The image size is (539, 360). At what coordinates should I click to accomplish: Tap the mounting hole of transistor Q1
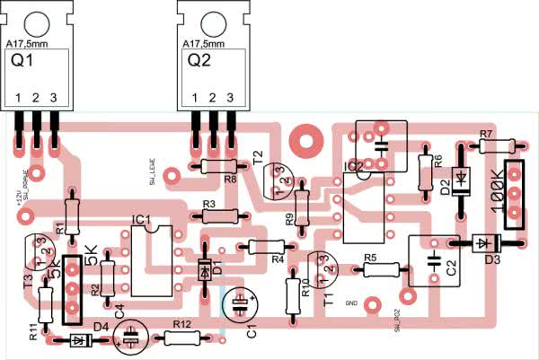click(x=35, y=23)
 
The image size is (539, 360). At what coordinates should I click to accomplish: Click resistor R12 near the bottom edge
click(x=181, y=338)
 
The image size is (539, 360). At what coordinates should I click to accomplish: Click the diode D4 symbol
click(x=80, y=339)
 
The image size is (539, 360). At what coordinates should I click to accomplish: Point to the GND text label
click(x=351, y=304)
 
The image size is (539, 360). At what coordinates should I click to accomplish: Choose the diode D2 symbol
click(x=462, y=178)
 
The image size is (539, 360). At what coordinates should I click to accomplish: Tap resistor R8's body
click(x=218, y=166)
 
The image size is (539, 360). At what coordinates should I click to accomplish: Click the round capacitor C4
click(x=131, y=338)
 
